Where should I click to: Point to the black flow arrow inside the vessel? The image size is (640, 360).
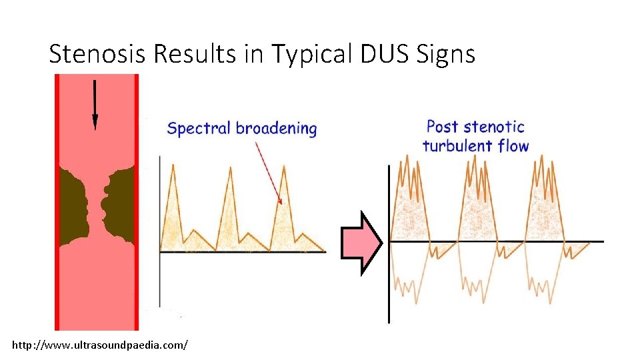(x=95, y=104)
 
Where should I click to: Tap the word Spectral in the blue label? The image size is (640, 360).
(x=198, y=128)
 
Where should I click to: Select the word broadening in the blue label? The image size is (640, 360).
(x=276, y=128)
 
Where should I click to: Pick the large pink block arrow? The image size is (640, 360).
(x=361, y=243)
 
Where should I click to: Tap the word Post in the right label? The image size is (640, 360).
(x=443, y=126)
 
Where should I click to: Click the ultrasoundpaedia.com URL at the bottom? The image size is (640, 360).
(x=100, y=345)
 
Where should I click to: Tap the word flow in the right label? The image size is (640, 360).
(x=514, y=145)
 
